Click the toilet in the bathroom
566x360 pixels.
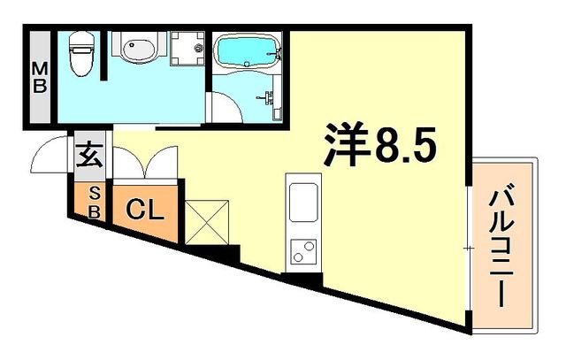coord(80,55)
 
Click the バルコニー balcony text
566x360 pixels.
coord(506,243)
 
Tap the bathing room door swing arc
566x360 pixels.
coord(223,107)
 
